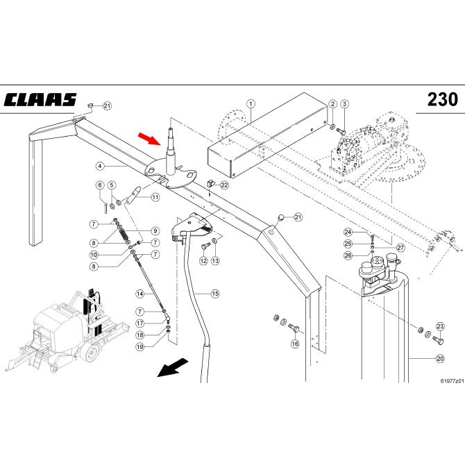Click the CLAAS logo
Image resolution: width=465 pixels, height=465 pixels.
point(40,100)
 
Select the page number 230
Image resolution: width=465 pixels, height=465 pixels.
point(443,99)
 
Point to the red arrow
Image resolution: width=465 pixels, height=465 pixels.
point(150,139)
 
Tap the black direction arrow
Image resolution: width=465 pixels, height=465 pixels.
point(173,367)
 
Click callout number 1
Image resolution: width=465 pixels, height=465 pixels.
point(251,104)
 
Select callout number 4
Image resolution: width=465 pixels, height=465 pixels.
point(100,166)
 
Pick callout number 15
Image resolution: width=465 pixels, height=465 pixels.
point(215,294)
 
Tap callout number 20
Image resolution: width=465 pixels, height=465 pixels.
point(440,359)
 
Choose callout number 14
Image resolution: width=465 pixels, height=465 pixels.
point(140,294)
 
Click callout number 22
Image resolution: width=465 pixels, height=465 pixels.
point(225,185)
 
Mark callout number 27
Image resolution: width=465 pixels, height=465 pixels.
point(400,248)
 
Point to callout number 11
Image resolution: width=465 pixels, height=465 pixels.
point(155,197)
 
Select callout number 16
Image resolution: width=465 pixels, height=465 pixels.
point(295,344)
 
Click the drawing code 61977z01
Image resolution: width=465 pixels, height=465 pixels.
point(452,381)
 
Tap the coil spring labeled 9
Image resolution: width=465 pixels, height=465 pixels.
point(124,233)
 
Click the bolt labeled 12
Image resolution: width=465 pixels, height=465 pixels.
point(205,246)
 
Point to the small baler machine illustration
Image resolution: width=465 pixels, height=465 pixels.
point(67,330)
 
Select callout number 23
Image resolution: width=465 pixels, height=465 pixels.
point(440,326)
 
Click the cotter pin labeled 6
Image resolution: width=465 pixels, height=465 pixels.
point(105,208)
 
